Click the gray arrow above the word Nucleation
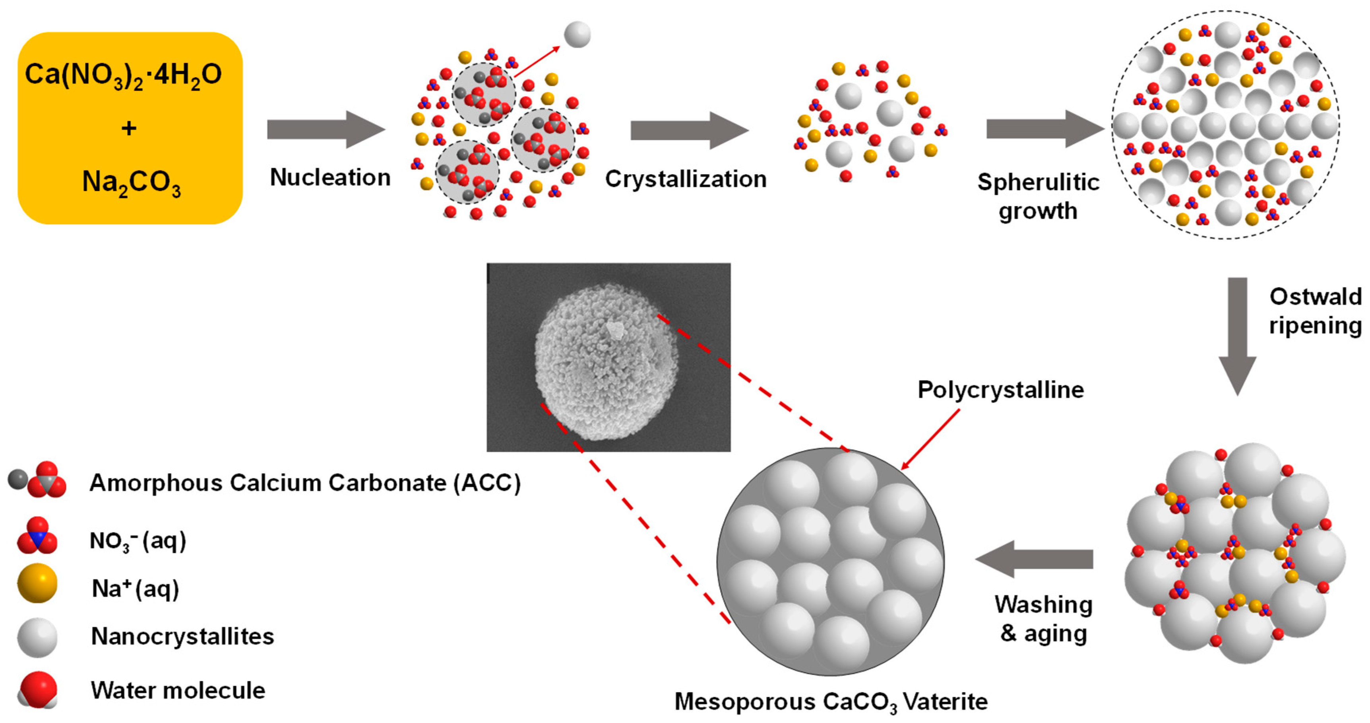point(326,129)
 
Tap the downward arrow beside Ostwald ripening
point(1237,335)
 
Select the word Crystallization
point(686,179)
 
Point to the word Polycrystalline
point(1000,390)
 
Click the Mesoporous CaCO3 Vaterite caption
point(831,702)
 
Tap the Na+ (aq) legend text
point(136,589)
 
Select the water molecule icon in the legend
point(37,690)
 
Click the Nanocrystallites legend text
point(182,636)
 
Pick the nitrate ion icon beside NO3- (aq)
point(37,536)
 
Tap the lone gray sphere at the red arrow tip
point(577,35)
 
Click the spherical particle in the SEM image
point(606,362)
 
